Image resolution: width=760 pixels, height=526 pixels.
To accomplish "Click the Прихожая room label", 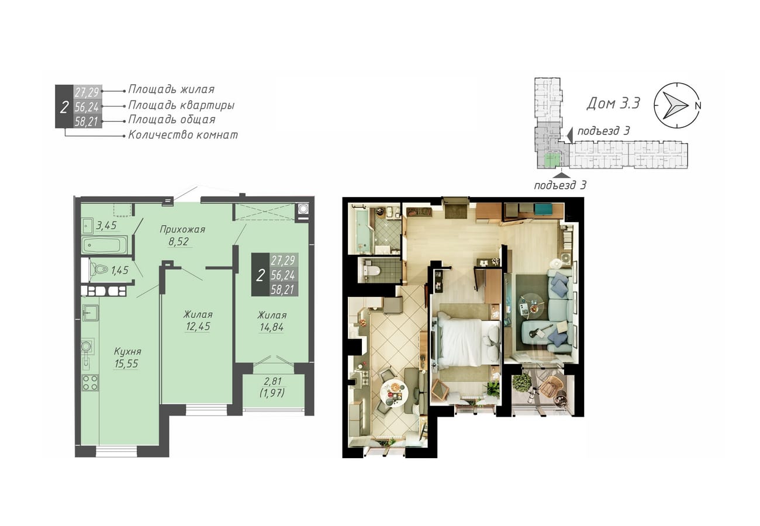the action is coord(182,230).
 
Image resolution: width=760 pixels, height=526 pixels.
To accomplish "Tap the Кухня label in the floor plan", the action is coord(127,351).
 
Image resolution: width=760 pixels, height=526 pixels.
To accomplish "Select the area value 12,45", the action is coord(198,326).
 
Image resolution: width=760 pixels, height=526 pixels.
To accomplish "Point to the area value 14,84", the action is coord(271,327).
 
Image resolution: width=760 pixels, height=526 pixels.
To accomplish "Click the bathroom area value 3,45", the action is coord(106,225).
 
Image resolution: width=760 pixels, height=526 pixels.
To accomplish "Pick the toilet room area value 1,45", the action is coord(120,270).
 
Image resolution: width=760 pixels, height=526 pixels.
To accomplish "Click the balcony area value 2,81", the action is coord(272,381).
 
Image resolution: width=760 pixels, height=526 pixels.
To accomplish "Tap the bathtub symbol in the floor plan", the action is coord(105,244).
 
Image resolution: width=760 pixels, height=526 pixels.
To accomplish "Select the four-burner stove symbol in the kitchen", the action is coord(90,383).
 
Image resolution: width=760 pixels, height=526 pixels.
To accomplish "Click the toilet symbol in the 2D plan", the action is coord(98,270).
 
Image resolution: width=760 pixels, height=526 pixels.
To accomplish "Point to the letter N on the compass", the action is coord(697,105).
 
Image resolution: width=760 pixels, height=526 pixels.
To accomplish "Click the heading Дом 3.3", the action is coord(613,103).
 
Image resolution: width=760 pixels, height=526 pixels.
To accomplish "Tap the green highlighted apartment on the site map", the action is coord(552,160).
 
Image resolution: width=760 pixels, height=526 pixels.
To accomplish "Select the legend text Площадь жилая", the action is coord(171,89).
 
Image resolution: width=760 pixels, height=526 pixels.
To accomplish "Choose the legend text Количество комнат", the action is coord(183,135).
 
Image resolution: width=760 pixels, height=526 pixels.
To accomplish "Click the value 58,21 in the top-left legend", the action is coord(87,122).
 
